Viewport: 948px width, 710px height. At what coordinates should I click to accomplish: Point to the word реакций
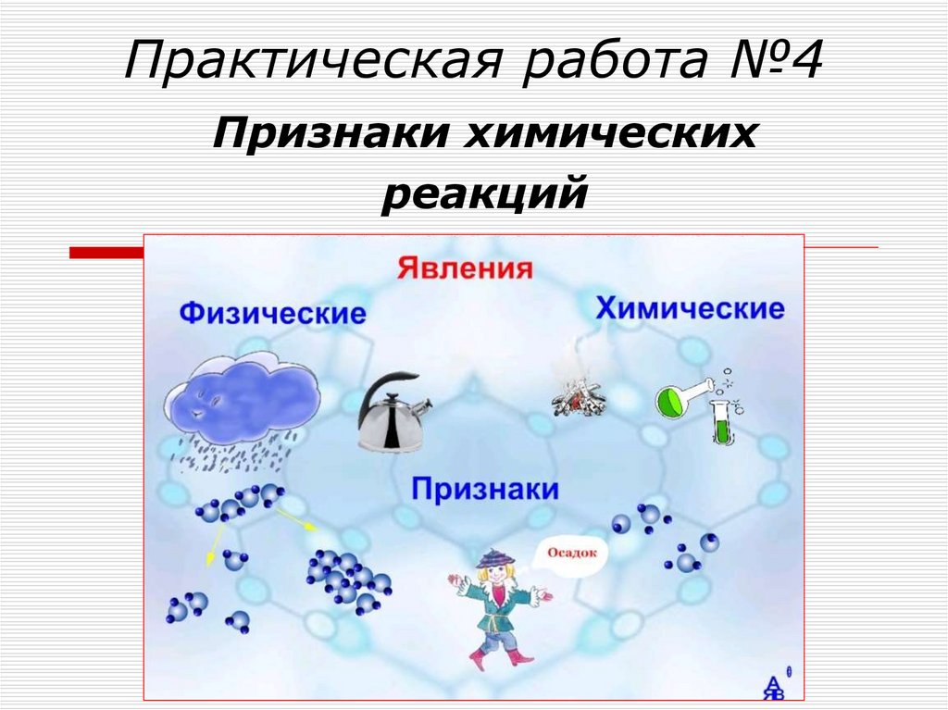tap(484, 193)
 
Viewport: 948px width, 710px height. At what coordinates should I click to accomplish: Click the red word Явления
tap(465, 268)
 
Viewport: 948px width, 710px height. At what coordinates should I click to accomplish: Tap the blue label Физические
tap(272, 312)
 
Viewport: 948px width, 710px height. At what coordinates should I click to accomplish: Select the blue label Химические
tap(690, 308)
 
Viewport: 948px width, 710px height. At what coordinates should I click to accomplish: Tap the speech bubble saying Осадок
tap(565, 554)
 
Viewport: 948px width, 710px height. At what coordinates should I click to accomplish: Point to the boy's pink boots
tap(499, 658)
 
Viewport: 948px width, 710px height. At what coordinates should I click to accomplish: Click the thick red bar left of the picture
tap(107, 251)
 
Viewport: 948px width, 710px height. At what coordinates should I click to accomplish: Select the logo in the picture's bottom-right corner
tap(774, 683)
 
